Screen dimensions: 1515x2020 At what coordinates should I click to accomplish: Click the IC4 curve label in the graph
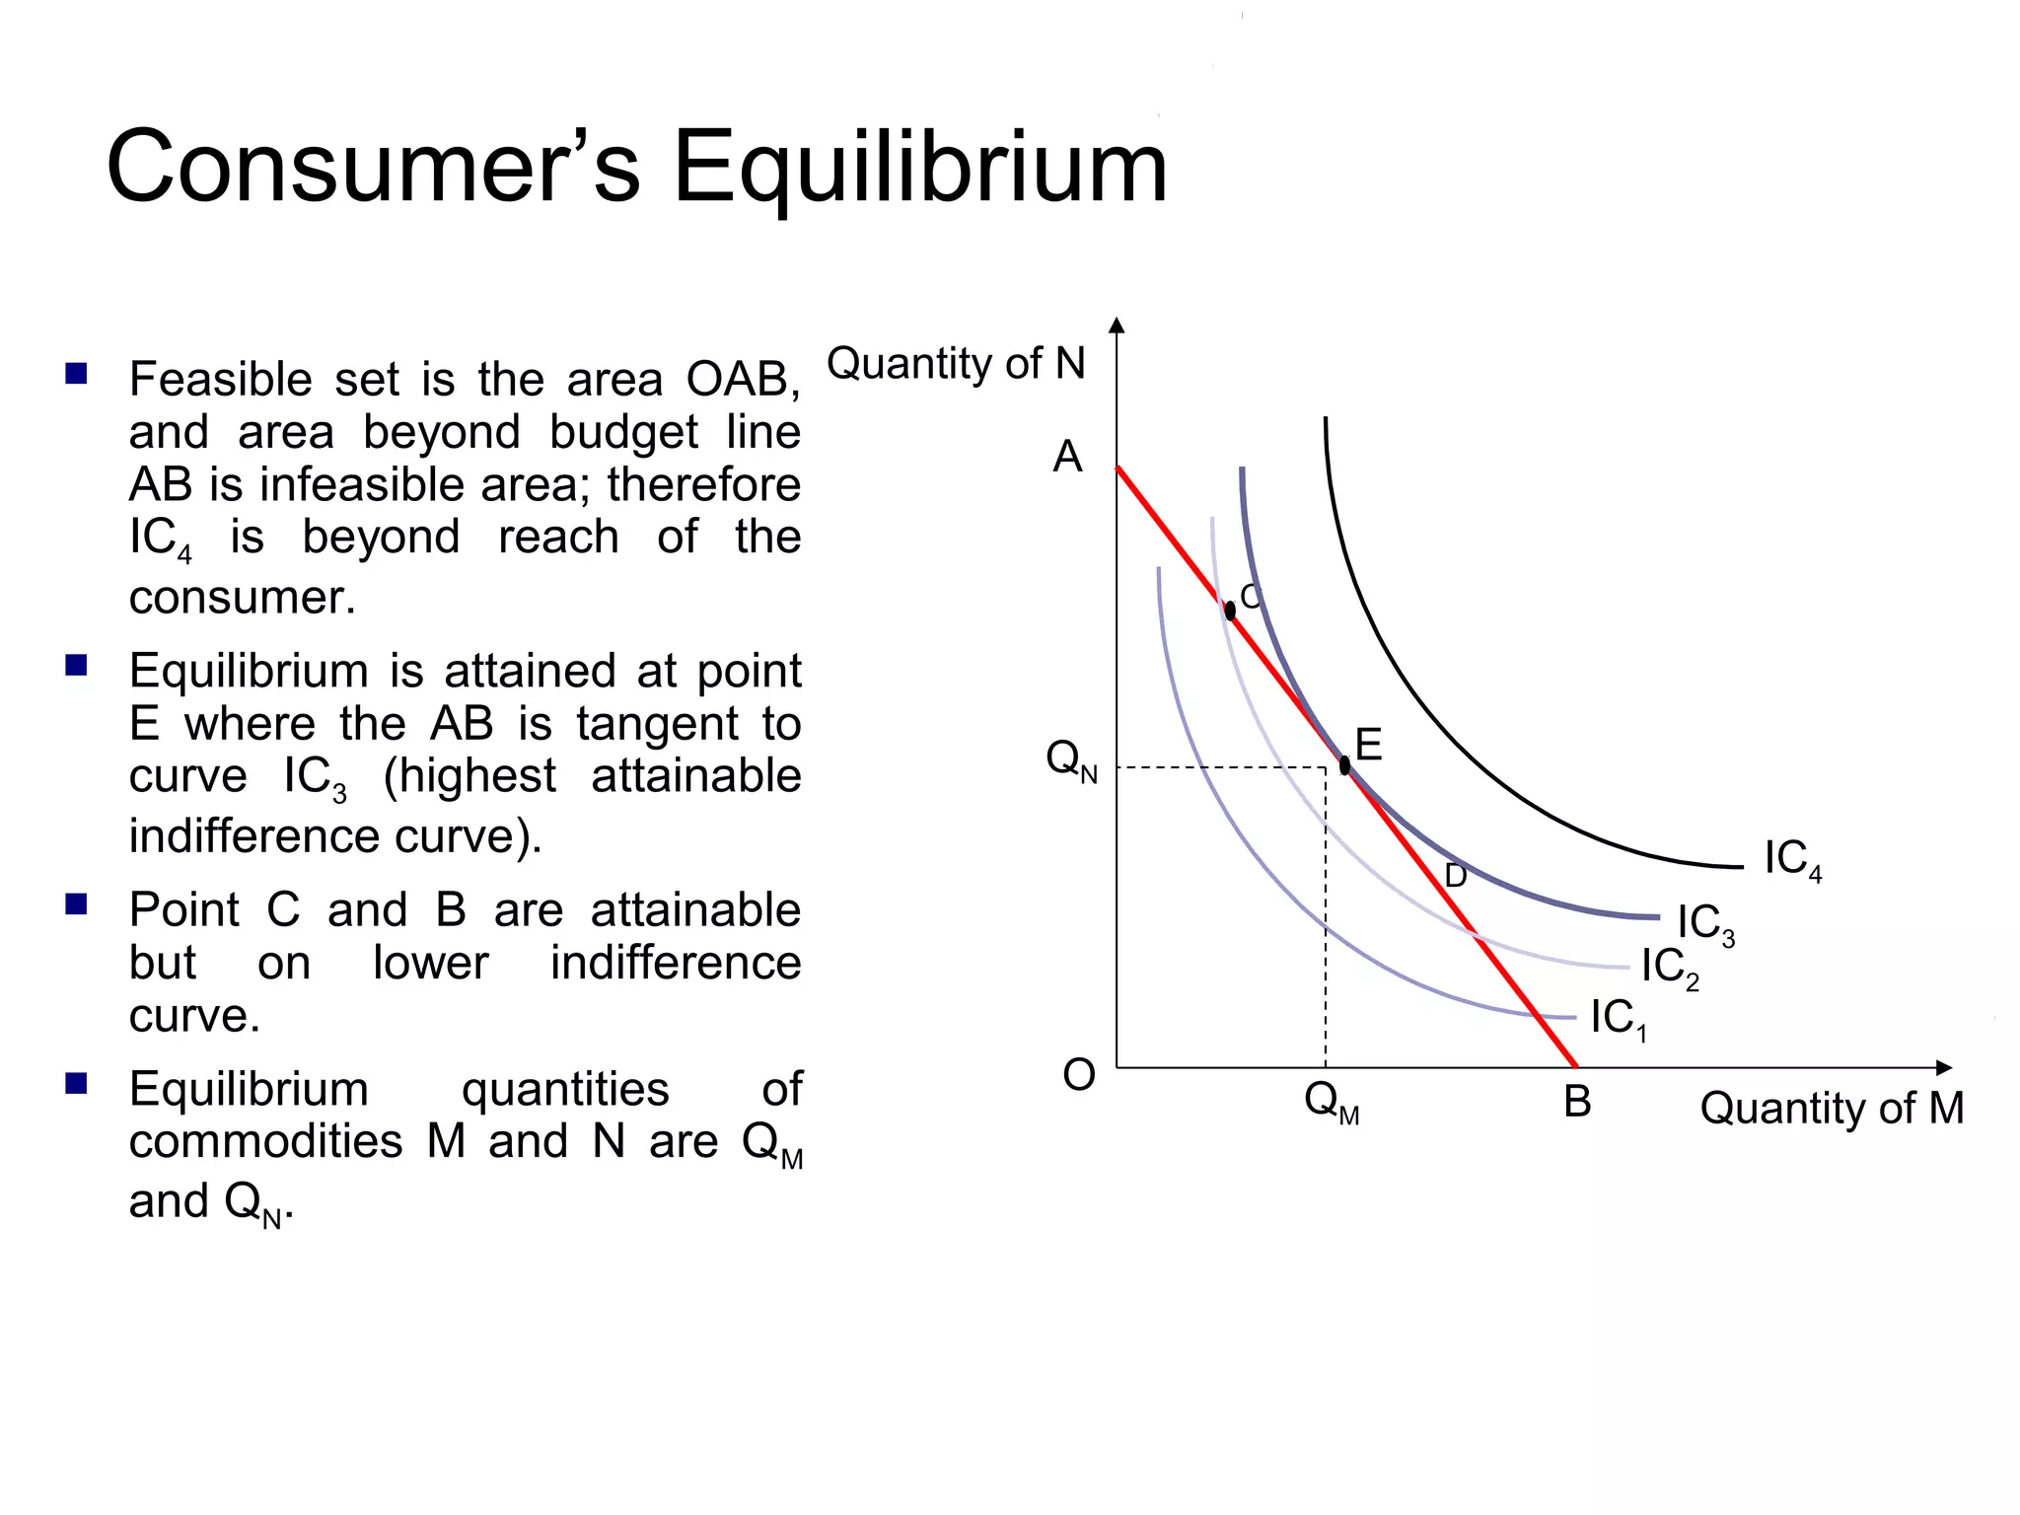1792,860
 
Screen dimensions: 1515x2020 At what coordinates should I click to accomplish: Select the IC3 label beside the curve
1705,924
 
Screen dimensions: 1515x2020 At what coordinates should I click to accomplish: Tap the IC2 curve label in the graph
1670,968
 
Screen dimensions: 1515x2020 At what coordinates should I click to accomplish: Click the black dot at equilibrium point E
1344,765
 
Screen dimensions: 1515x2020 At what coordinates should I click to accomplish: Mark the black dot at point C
1230,611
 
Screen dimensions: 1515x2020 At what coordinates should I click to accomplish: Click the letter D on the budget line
1455,876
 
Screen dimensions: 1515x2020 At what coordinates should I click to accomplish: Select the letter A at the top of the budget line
1067,458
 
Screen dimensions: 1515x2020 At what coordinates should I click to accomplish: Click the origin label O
1078,1075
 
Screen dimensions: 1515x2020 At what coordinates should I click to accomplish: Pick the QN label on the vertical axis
1071,761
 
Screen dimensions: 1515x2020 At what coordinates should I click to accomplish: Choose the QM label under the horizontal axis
1331,1102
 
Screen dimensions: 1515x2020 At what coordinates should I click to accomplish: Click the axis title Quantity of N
955,363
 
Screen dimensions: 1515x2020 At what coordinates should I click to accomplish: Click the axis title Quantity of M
1832,1109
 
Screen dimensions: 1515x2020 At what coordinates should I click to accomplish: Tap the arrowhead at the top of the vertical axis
1117,326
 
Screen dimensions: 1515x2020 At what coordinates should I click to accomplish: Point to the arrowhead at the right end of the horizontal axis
1943,1068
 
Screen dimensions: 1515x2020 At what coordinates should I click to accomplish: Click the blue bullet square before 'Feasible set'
77,374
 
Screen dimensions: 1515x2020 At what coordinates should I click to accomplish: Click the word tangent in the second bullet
657,724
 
